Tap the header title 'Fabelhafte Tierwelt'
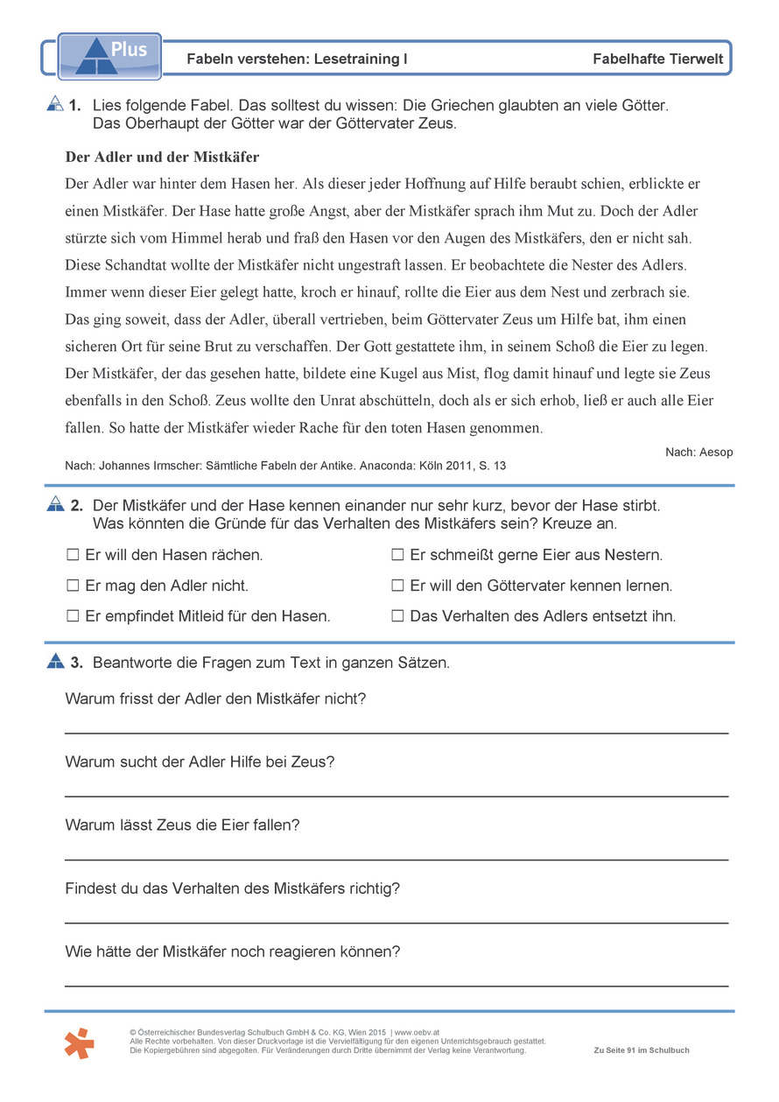pyautogui.click(x=657, y=60)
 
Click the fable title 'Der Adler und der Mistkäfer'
pyautogui.click(x=162, y=158)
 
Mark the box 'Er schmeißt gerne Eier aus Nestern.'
pyautogui.click(x=397, y=555)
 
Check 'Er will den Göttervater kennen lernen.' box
pyautogui.click(x=397, y=586)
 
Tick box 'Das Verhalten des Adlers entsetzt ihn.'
pyautogui.click(x=397, y=616)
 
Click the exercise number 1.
pyautogui.click(x=75, y=105)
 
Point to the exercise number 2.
pyautogui.click(x=76, y=505)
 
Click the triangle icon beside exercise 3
pyautogui.click(x=55, y=662)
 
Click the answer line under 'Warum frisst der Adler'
pyautogui.click(x=396, y=732)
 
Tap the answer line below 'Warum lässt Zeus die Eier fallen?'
pyautogui.click(x=396, y=859)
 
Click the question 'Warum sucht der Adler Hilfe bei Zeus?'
pyautogui.click(x=200, y=762)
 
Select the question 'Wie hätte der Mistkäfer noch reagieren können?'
pyautogui.click(x=232, y=951)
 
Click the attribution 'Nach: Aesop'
pyautogui.click(x=698, y=452)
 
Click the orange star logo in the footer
pyautogui.click(x=79, y=1043)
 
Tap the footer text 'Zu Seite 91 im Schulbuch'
pyautogui.click(x=641, y=1050)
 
